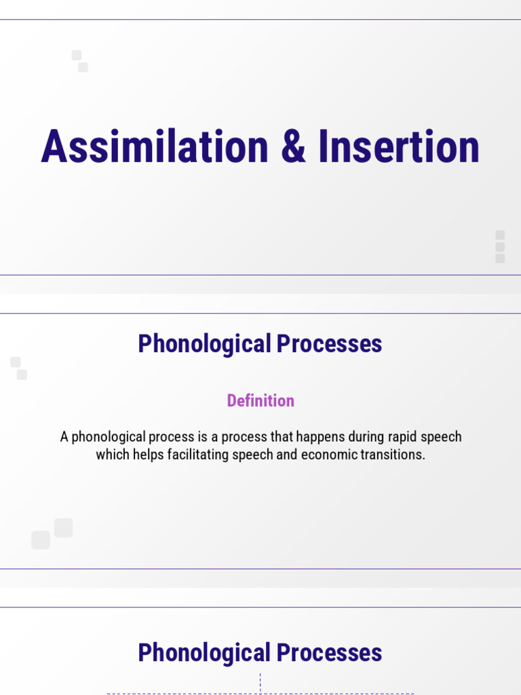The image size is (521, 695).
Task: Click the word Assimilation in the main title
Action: (x=155, y=147)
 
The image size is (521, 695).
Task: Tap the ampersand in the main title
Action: (x=293, y=147)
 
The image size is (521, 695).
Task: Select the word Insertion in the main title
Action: (x=399, y=147)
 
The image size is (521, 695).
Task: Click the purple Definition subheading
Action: (x=260, y=400)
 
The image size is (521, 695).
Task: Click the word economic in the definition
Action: (x=328, y=454)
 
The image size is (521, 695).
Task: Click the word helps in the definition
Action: (x=144, y=454)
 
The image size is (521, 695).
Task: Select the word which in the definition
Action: (x=112, y=454)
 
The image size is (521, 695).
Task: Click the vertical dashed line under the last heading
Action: (x=260, y=682)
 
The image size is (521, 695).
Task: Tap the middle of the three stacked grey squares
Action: (x=500, y=246)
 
